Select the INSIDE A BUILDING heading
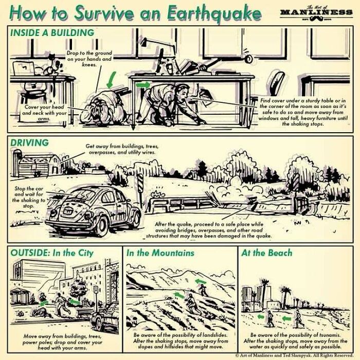52,33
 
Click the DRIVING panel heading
30,142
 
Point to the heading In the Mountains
160,253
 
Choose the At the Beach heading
266,253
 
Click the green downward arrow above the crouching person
109,80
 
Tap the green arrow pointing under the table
144,83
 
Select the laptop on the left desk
24,68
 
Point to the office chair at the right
278,82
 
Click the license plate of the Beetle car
68,211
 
